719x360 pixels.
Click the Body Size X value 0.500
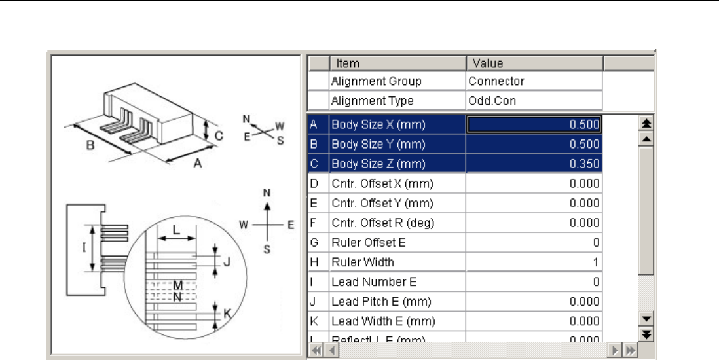coord(534,124)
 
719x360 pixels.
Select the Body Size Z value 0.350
coord(534,164)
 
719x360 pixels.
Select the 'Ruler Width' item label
coord(363,262)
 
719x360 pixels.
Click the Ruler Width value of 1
coord(534,262)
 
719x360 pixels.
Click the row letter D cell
coord(314,183)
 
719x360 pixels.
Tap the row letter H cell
coord(314,262)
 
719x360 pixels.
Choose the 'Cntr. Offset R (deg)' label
coord(382,223)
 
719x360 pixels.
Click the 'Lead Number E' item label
coord(374,282)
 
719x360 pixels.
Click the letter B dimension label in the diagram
coord(90,147)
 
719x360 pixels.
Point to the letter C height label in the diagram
coord(219,135)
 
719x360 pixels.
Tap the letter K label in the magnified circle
coord(227,314)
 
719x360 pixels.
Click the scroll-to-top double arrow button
coord(646,124)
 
